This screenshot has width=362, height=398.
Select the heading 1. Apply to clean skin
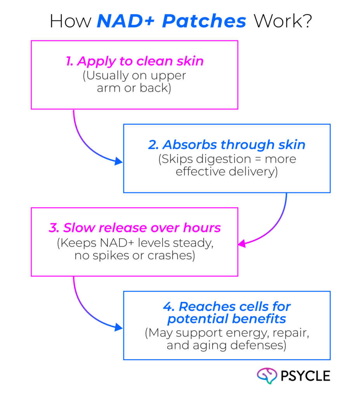point(135,61)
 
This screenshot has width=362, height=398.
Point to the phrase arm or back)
point(134,88)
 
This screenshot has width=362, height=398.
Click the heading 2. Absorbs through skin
point(227,145)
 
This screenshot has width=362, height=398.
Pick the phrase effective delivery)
point(227,171)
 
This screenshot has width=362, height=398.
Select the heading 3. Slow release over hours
point(135,228)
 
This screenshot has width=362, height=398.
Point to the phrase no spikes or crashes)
point(134,257)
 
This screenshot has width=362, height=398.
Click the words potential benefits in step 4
point(227,319)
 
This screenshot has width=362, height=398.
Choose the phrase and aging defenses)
point(227,345)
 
